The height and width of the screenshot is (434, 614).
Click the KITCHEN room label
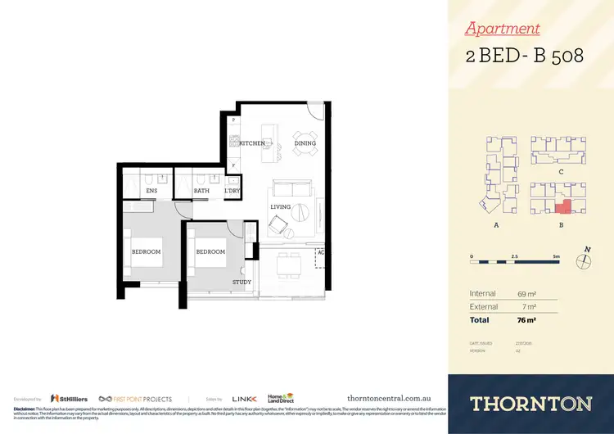click(252, 143)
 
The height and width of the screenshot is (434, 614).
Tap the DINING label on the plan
click(305, 143)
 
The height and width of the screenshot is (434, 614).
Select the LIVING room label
click(281, 207)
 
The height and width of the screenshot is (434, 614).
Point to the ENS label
click(151, 192)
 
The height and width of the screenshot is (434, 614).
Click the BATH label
click(201, 192)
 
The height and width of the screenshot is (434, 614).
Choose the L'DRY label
click(233, 192)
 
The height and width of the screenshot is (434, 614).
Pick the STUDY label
click(242, 283)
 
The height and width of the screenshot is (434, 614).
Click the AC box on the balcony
click(320, 253)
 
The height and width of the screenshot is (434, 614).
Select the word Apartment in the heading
click(502, 29)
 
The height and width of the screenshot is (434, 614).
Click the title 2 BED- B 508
click(524, 57)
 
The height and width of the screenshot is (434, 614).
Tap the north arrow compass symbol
click(584, 261)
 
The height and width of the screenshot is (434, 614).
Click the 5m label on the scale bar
click(556, 256)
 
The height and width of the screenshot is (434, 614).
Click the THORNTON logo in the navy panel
click(530, 403)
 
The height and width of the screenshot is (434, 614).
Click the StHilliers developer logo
click(69, 398)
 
